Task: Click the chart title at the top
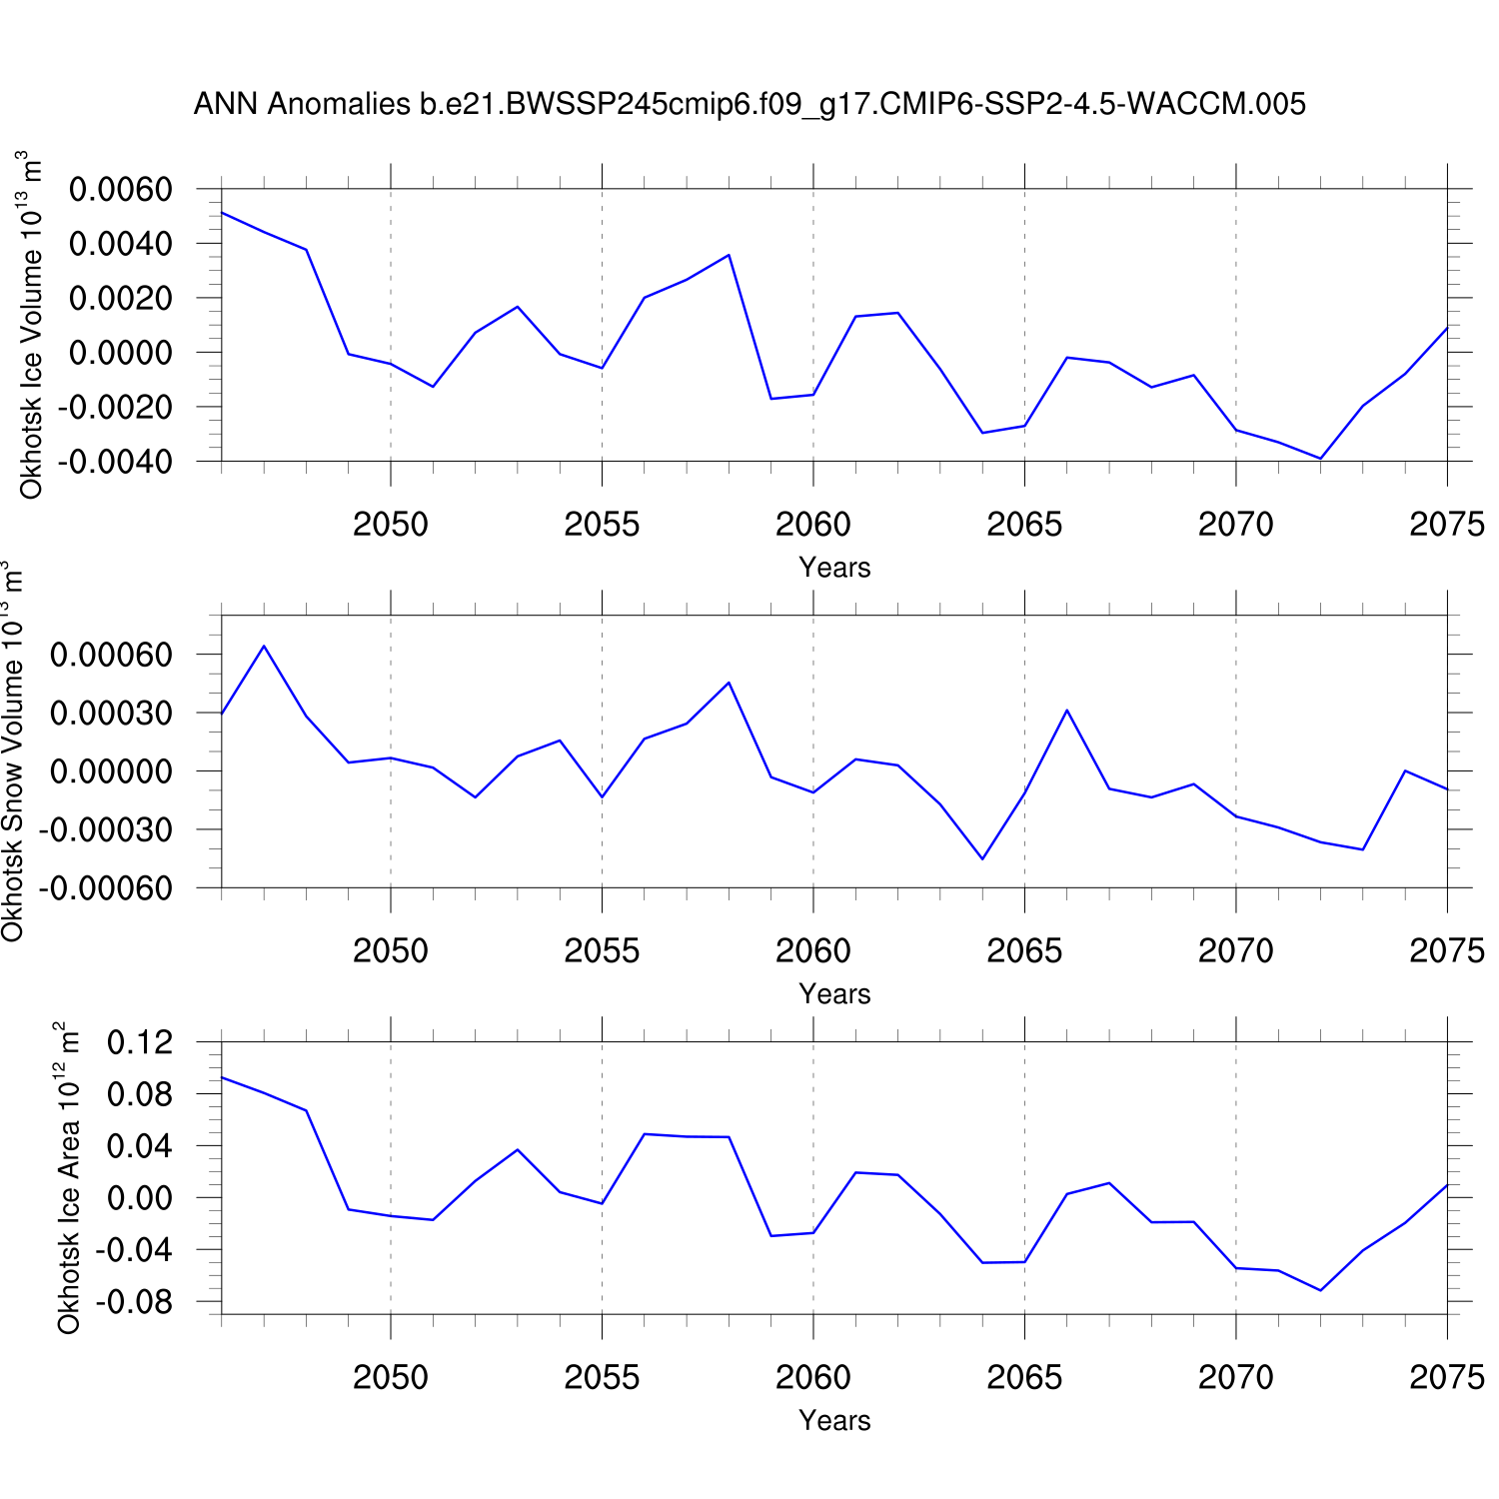[x=749, y=104]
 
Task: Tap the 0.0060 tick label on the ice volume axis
[x=120, y=189]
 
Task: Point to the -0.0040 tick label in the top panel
[x=115, y=462]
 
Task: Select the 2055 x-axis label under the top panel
[x=602, y=524]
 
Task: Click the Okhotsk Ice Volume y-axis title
[x=31, y=325]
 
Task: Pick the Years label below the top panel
[x=834, y=568]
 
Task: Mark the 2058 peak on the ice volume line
[x=729, y=255]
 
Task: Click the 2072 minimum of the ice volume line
[x=1320, y=459]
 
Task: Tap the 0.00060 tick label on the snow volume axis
[x=111, y=656]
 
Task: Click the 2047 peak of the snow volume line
[x=264, y=646]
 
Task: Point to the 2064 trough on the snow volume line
[x=982, y=858]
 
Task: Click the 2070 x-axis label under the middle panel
[x=1236, y=950]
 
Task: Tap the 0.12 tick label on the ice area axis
[x=140, y=1042]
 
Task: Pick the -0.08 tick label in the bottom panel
[x=134, y=1302]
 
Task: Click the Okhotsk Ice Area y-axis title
[x=68, y=1179]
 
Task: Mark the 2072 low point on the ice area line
[x=1320, y=1290]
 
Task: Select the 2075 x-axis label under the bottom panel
[x=1447, y=1377]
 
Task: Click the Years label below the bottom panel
[x=834, y=1421]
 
